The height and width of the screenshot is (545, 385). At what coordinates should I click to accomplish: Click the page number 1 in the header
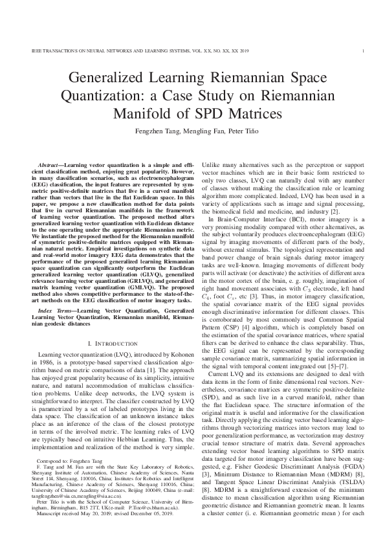(x=366, y=50)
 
